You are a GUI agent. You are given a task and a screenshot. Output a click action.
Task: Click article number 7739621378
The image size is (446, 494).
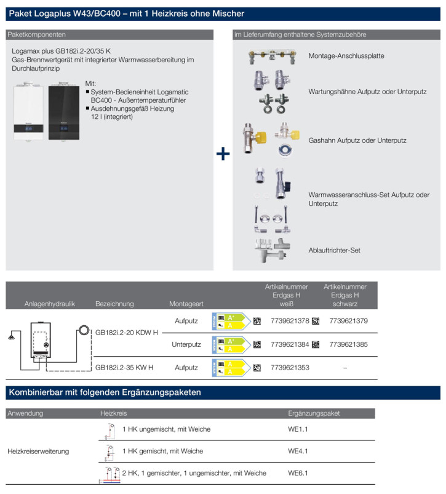point(290,321)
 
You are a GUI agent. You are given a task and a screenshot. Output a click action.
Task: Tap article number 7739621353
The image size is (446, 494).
point(290,367)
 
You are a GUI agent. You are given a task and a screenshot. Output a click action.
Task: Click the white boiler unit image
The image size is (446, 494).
point(30,112)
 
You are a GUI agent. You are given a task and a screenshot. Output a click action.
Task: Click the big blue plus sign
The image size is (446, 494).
point(223,153)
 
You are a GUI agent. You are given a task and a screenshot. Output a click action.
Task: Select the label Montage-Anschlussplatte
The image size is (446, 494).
point(346,56)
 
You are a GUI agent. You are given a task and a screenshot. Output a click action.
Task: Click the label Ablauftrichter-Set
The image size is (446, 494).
point(334,250)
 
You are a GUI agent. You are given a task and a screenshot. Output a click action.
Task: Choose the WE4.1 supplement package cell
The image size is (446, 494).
point(298,451)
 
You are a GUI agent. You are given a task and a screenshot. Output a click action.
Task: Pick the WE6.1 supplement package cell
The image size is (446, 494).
point(298,473)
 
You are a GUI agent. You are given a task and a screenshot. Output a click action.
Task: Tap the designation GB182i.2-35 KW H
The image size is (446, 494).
point(124,367)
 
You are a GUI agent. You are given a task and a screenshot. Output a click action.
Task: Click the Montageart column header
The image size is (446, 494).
point(185,304)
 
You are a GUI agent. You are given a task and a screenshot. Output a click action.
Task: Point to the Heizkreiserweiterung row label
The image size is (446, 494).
point(38,451)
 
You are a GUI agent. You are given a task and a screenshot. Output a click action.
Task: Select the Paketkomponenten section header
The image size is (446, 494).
point(35,34)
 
